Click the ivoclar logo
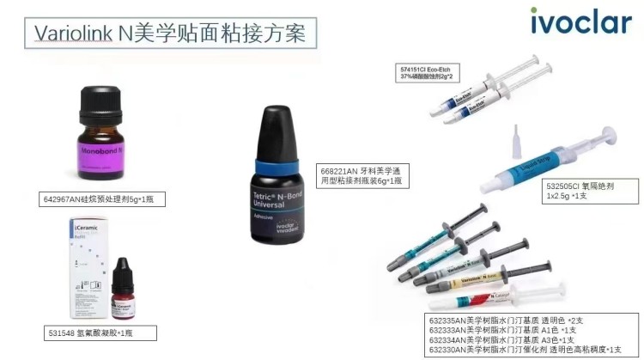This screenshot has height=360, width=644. (580, 20)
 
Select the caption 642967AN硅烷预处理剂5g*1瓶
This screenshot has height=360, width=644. (102, 199)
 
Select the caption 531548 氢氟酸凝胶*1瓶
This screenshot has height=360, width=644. (89, 332)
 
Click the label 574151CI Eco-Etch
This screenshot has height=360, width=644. (430, 67)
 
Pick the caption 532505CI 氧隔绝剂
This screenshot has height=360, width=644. (580, 186)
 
